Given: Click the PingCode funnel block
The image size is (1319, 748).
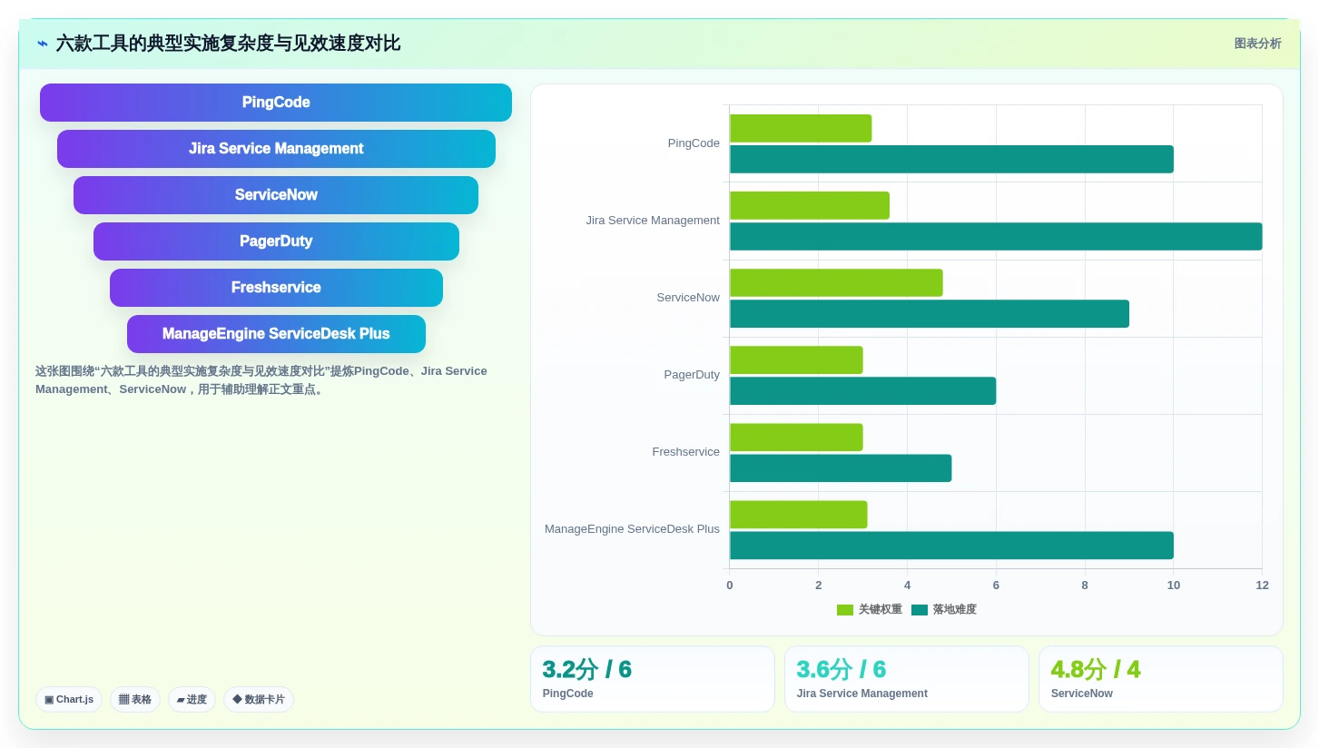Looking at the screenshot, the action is (276, 103).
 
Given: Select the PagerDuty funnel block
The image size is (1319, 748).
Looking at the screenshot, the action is (276, 241).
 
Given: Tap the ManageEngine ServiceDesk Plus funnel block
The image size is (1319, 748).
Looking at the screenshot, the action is (276, 334).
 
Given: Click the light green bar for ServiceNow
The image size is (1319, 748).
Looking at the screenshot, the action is (836, 282).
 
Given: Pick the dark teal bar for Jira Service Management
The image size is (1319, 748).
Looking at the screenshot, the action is (996, 236).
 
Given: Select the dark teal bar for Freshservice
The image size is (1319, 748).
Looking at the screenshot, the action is (841, 468).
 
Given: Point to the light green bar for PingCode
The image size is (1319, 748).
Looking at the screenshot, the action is (801, 128).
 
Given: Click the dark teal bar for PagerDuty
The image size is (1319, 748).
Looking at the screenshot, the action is (862, 391).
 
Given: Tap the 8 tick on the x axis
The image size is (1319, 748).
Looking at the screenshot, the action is (1085, 585).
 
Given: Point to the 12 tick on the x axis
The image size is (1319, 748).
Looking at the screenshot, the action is (1262, 585).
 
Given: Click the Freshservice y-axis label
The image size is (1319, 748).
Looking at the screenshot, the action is (685, 452).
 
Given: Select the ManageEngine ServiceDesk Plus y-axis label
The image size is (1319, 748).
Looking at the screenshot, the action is (632, 529).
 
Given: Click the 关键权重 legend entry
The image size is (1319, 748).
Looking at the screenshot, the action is (869, 610).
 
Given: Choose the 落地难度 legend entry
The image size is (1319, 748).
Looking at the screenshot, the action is (944, 610).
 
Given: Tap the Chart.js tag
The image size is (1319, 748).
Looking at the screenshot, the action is (69, 700).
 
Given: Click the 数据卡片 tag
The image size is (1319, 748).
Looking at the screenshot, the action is (259, 700).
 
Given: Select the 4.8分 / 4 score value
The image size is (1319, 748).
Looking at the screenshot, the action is (1096, 670).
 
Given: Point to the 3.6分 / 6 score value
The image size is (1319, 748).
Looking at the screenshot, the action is (841, 670).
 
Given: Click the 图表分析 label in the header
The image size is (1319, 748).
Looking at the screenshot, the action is (1258, 44).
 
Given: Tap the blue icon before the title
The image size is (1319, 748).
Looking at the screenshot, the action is (43, 44).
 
